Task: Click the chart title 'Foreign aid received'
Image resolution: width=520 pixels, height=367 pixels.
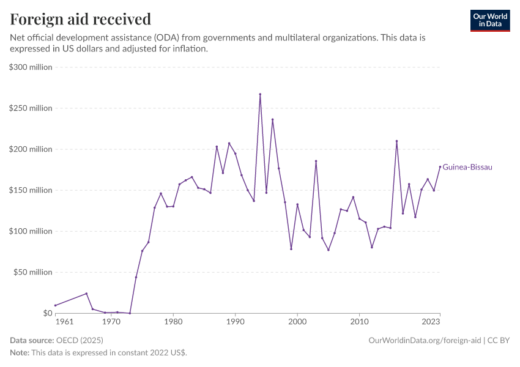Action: pyautogui.click(x=81, y=19)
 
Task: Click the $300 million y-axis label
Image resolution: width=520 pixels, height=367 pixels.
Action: pyautogui.click(x=31, y=67)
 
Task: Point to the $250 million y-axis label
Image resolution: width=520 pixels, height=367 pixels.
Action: pyautogui.click(x=31, y=108)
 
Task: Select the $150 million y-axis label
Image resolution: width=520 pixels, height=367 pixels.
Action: pyautogui.click(x=31, y=190)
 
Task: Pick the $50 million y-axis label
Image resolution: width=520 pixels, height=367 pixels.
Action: pyautogui.click(x=33, y=272)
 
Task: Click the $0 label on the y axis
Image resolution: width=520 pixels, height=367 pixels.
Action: pyautogui.click(x=47, y=313)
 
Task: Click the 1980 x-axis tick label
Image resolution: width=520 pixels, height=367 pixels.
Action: pyautogui.click(x=173, y=321)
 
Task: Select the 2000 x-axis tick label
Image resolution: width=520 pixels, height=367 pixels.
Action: pyautogui.click(x=297, y=321)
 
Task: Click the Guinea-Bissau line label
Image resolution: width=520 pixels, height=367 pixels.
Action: pyautogui.click(x=467, y=167)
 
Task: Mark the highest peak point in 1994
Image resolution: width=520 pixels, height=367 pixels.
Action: pyautogui.click(x=260, y=94)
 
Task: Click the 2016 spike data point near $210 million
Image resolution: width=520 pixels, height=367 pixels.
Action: pyautogui.click(x=396, y=141)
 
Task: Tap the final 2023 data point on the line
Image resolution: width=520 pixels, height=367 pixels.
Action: pyautogui.click(x=440, y=167)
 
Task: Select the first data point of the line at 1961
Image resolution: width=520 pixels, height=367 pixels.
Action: pyautogui.click(x=55, y=305)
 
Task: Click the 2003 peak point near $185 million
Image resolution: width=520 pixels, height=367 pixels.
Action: pyautogui.click(x=316, y=161)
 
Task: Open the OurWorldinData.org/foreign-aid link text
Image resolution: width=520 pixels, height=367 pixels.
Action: pyautogui.click(x=425, y=340)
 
